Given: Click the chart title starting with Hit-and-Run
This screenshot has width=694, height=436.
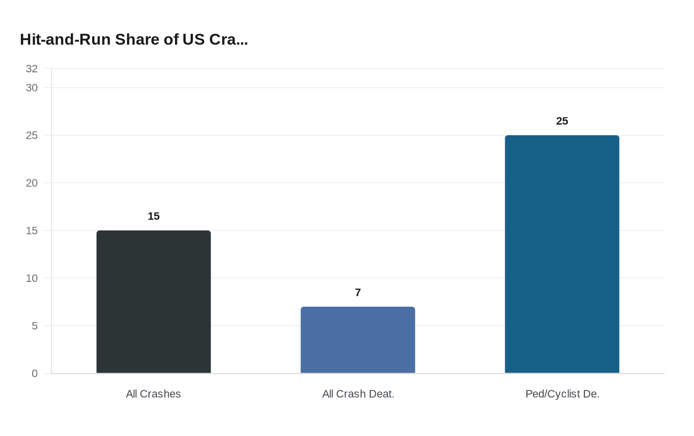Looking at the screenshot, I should pyautogui.click(x=134, y=40).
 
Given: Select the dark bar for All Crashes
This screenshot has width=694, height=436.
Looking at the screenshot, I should pyautogui.click(x=154, y=302).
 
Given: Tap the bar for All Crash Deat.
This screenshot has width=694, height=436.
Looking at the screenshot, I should pyautogui.click(x=358, y=340).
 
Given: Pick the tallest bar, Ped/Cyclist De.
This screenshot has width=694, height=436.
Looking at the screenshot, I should pyautogui.click(x=562, y=254).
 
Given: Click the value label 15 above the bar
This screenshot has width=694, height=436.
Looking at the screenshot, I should pyautogui.click(x=154, y=217).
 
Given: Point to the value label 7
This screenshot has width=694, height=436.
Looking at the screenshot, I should pyautogui.click(x=358, y=293).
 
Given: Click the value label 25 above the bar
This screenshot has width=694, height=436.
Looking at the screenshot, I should pyautogui.click(x=562, y=121).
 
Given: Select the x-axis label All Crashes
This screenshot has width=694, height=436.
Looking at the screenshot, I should pyautogui.click(x=153, y=394).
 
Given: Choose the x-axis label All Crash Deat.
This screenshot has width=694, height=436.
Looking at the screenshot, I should pyautogui.click(x=358, y=394).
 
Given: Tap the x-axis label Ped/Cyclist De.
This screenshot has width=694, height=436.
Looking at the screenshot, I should pyautogui.click(x=562, y=394).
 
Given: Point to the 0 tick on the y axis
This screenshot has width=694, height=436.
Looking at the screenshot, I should pyautogui.click(x=35, y=374).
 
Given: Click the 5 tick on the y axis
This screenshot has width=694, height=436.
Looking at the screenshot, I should pyautogui.click(x=35, y=326).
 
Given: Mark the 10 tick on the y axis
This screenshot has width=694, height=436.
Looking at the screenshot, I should pyautogui.click(x=32, y=278).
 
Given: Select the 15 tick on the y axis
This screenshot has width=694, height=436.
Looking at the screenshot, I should pyautogui.click(x=32, y=231).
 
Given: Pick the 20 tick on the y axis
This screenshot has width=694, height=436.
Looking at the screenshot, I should pyautogui.click(x=32, y=183).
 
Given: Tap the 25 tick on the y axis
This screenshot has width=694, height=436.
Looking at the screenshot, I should pyautogui.click(x=32, y=136).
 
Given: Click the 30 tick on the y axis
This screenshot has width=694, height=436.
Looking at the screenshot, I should pyautogui.click(x=32, y=88).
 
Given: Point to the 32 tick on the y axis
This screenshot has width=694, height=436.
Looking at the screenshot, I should pyautogui.click(x=32, y=69).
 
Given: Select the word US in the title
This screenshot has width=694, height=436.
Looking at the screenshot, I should pyautogui.click(x=193, y=40).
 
